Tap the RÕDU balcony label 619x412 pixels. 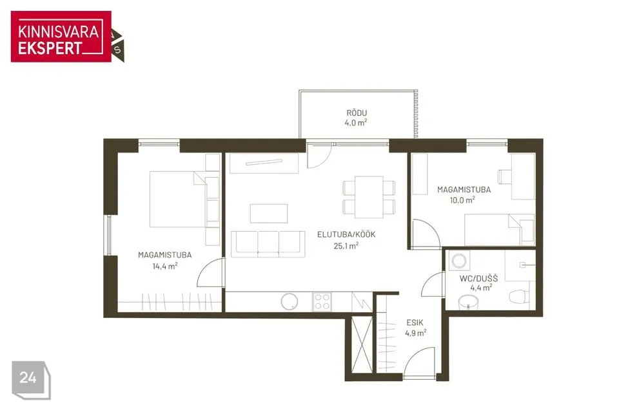(357, 113)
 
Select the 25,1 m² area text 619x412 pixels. (346, 246)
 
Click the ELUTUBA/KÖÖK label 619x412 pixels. (346, 234)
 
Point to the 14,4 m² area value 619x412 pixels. (165, 266)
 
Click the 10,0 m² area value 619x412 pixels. (462, 200)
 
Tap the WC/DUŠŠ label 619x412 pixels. (478, 278)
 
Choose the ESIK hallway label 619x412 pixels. (415, 323)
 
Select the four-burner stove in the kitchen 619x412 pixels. (322, 302)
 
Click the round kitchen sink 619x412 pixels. (290, 302)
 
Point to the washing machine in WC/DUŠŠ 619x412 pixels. (459, 261)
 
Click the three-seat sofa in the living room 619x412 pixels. (268, 244)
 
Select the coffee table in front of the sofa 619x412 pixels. (269, 213)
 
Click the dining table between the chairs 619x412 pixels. (369, 197)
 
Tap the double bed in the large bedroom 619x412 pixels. (178, 199)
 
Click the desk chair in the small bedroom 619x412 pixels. (504, 176)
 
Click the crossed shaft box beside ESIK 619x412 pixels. (362, 344)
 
